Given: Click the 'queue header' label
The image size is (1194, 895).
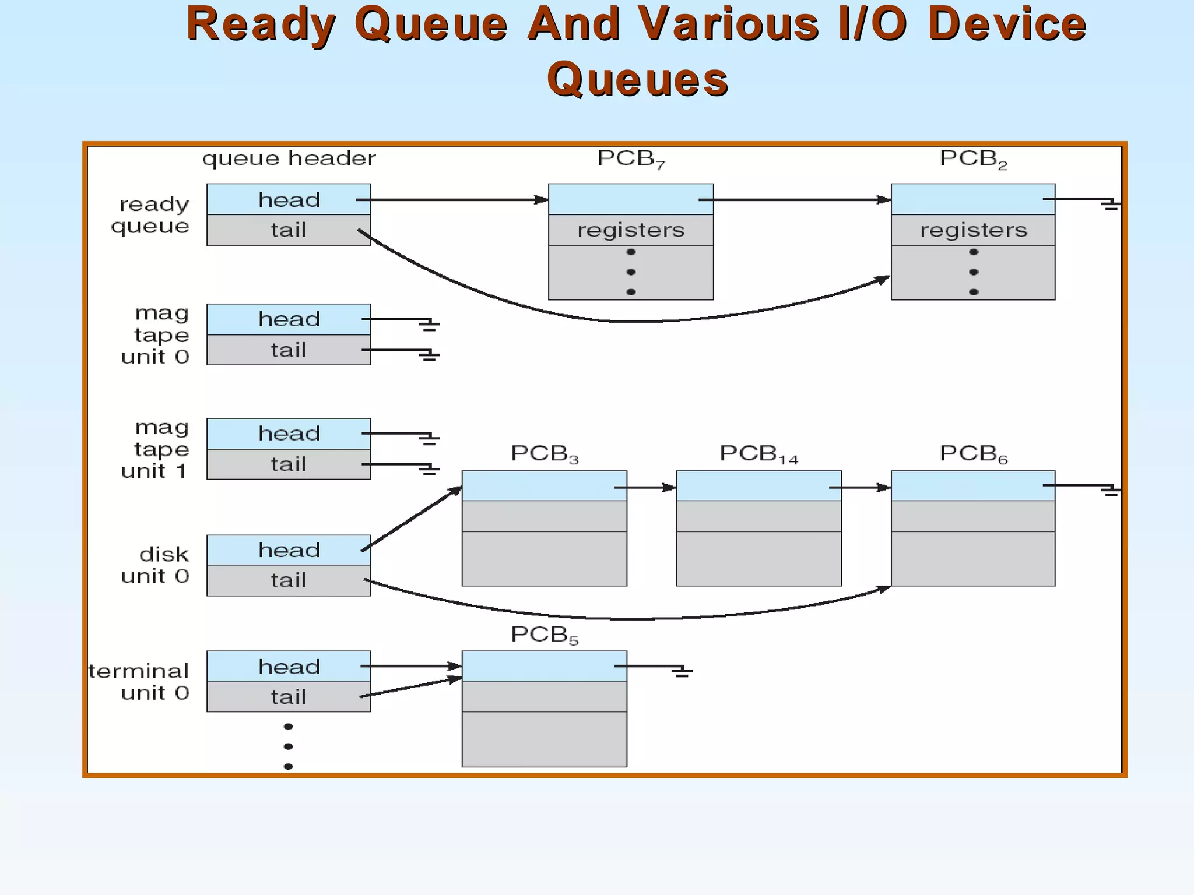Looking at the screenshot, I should pos(289,158).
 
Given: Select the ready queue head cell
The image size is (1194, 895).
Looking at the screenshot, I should pos(289,200).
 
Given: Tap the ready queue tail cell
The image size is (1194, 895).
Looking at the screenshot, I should pos(289,230).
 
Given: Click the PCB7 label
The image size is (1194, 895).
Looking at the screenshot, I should pos(631,159).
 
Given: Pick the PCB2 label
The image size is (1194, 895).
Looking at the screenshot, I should pos(973,159).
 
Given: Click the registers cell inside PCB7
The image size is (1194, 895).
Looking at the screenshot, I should pos(631,230).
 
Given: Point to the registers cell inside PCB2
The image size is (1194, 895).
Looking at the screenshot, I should pos(973,230).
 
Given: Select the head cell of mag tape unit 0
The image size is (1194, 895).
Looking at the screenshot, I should pos(289,319).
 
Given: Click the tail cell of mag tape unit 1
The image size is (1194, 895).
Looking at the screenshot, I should pos(289,464).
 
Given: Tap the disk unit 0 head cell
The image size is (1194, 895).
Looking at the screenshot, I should pos(289,550).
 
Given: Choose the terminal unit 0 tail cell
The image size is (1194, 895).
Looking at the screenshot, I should pos(289,697).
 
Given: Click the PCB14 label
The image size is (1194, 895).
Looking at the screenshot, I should pos(758,454).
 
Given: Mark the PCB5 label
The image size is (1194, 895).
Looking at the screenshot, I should pos(544,635).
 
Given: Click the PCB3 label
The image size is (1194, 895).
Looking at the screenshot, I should pos(544,454).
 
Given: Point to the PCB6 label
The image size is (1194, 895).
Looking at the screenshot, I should pos(973,454).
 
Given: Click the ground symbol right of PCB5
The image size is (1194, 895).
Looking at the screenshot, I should pos(681,671).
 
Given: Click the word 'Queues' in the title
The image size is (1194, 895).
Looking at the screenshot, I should pos(637,80).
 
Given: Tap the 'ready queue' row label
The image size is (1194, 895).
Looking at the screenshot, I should pos(152,215).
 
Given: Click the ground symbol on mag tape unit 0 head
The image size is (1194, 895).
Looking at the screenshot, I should pos(429,324).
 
